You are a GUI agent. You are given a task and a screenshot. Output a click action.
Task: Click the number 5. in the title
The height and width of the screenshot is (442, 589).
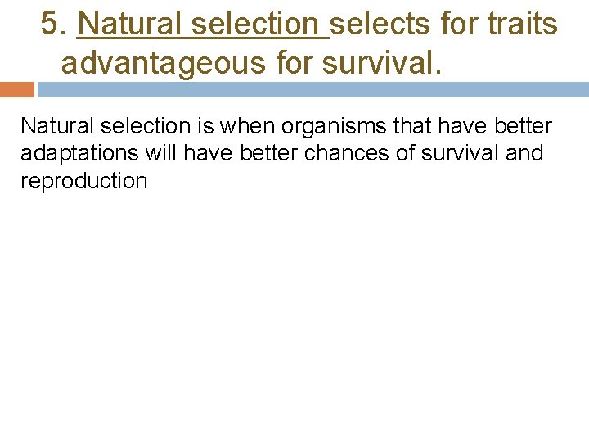(55, 25)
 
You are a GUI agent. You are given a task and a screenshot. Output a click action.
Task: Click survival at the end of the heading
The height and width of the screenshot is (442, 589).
(383, 63)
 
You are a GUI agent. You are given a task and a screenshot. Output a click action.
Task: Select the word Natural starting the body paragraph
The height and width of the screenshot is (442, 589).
(51, 127)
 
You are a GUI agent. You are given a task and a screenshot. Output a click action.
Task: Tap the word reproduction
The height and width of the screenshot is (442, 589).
(83, 181)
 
